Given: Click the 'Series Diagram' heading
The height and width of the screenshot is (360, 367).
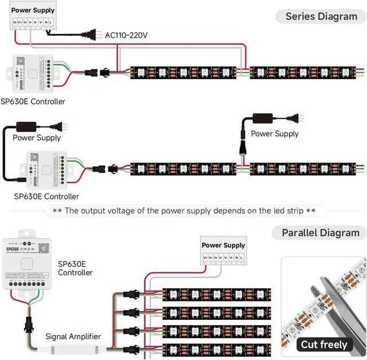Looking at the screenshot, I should coord(321,16).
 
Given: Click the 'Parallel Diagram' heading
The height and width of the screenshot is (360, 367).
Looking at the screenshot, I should coord(321,233).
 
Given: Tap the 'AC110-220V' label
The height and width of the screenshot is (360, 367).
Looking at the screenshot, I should coord(126,36).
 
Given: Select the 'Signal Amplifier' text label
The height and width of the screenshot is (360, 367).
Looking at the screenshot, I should coord(73,336).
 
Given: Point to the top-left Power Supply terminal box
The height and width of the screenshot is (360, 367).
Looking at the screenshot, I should coord(33,17).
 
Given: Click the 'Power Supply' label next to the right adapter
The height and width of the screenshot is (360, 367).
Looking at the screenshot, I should coord(275,134).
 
